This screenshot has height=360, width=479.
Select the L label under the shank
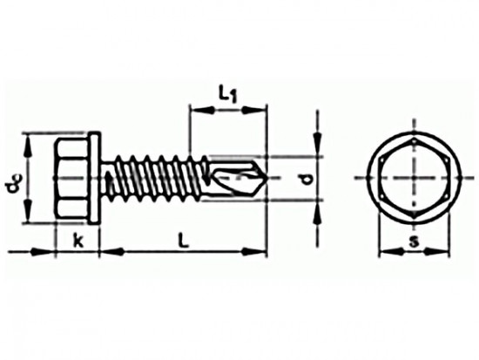pyautogui.click(x=184, y=240)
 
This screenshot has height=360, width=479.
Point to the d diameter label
pyautogui.click(x=305, y=180)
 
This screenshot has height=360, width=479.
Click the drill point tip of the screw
pyautogui.click(x=267, y=178)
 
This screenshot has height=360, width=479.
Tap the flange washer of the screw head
pyautogui.click(x=94, y=179)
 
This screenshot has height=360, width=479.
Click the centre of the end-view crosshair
pyautogui.click(x=415, y=178)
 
